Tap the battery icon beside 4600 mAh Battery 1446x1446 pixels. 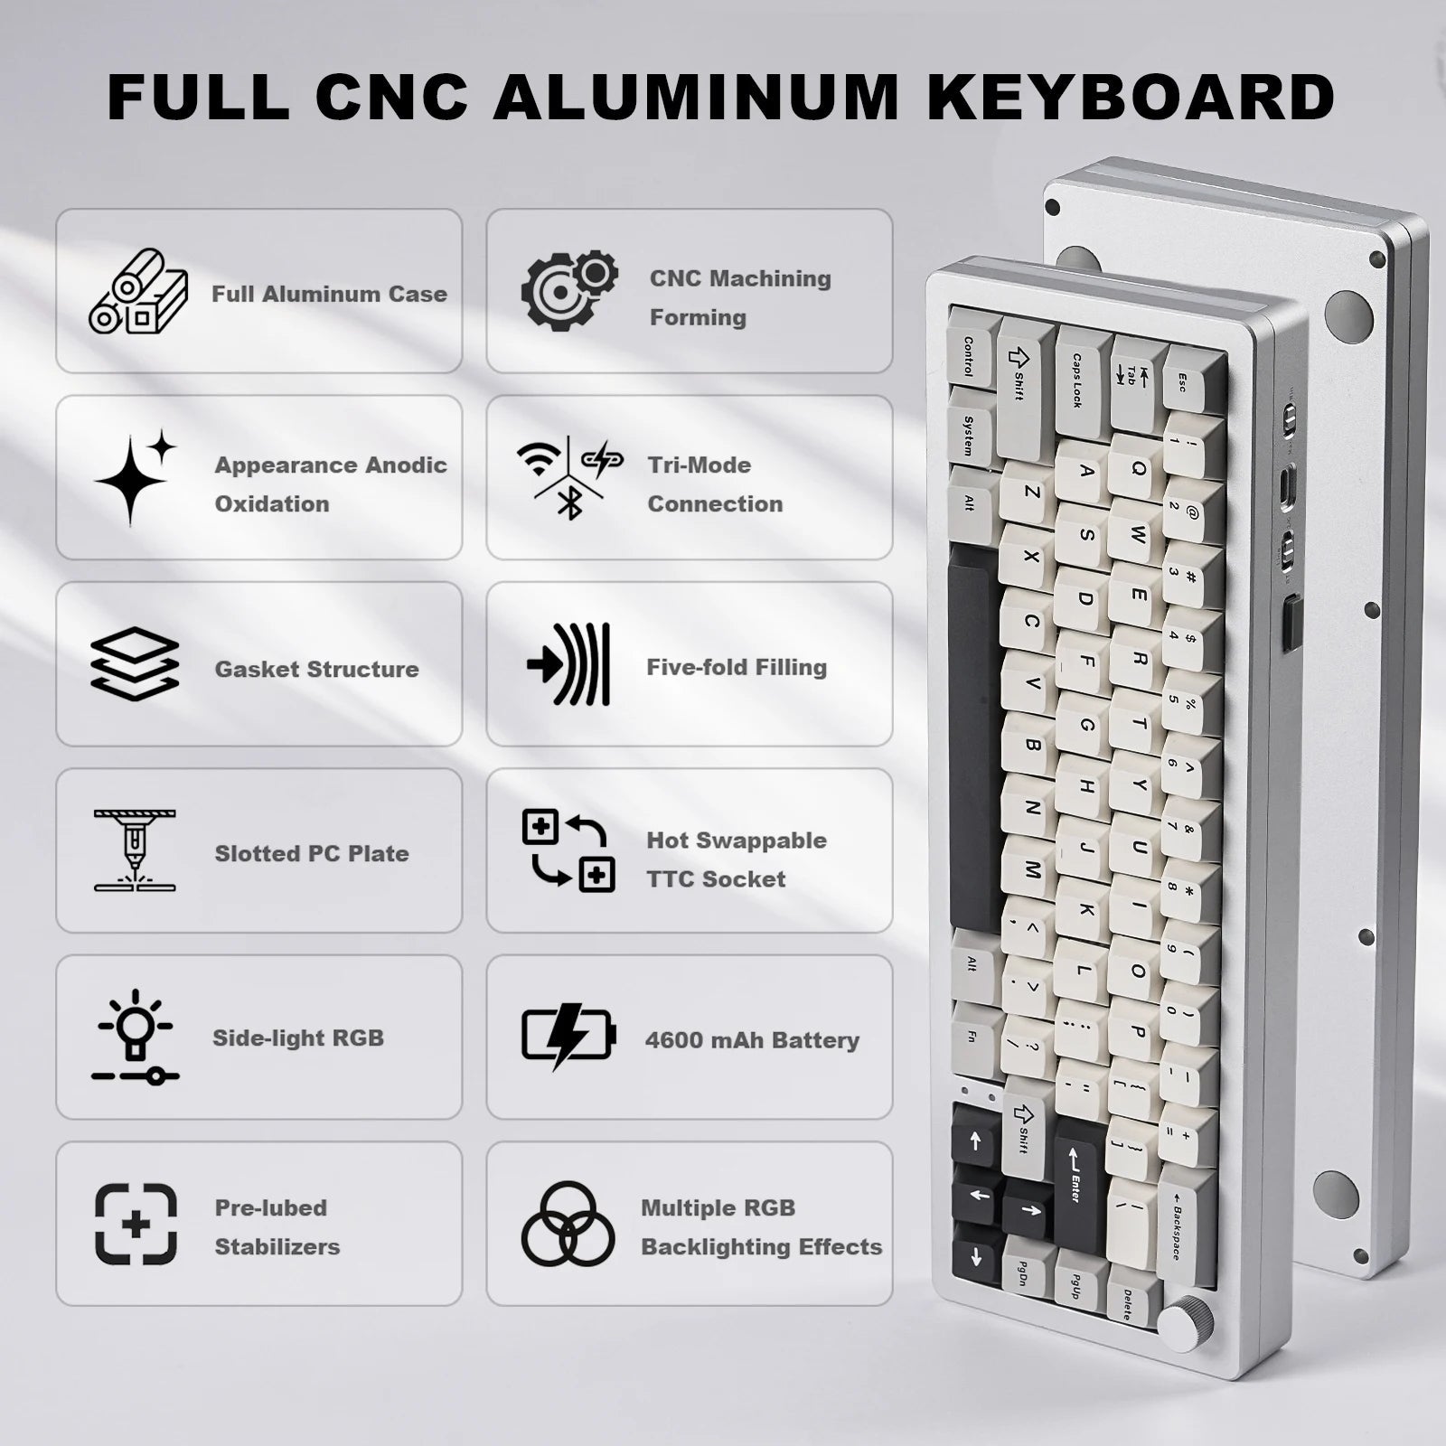click(568, 1037)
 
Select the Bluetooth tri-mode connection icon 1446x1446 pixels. click(569, 478)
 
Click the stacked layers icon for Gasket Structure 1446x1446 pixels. click(135, 664)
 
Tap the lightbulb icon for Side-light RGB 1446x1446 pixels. click(136, 1036)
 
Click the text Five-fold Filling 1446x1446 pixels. click(737, 667)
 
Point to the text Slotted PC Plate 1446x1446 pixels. click(312, 853)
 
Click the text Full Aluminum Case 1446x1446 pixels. click(329, 294)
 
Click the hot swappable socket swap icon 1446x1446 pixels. click(568, 850)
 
